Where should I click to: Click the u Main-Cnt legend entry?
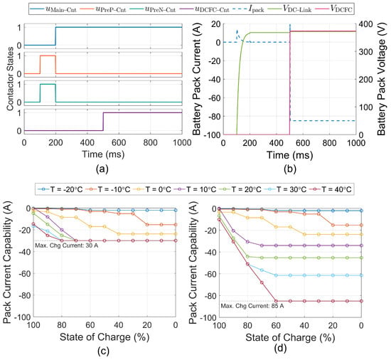click(53, 9)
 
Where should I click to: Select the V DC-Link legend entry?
click(289, 9)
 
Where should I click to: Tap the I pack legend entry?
click(248, 9)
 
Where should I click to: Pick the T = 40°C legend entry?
click(330, 189)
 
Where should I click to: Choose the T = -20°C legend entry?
click(59, 189)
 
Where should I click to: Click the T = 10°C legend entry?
click(195, 189)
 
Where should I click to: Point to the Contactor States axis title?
click(10, 79)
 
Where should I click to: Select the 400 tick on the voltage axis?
click(366, 24)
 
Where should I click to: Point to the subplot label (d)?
click(280, 349)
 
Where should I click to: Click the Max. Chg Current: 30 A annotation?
click(67, 245)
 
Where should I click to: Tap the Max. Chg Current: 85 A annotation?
click(252, 306)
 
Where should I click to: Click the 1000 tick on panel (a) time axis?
click(182, 142)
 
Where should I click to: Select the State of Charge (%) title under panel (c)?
click(105, 337)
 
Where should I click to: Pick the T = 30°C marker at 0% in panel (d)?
click(361, 275)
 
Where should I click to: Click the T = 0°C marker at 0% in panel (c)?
click(176, 234)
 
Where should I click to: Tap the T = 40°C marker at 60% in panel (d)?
click(276, 301)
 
